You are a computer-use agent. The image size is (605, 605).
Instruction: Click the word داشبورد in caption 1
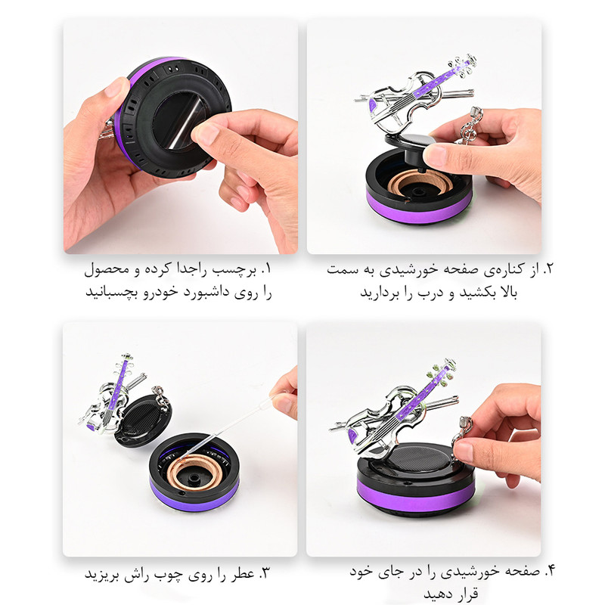(x=206, y=292)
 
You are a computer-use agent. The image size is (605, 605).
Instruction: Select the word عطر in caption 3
(x=243, y=574)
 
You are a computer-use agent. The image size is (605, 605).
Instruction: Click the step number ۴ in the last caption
(x=550, y=571)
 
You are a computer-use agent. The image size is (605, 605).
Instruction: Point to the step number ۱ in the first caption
(x=266, y=269)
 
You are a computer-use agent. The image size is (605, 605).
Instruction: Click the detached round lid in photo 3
(x=143, y=420)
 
